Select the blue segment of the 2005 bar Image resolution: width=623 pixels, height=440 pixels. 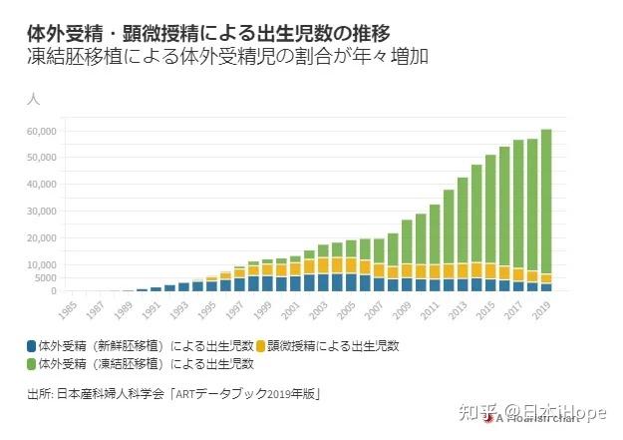[x=351, y=281]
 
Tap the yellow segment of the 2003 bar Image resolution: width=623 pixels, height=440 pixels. [x=323, y=264]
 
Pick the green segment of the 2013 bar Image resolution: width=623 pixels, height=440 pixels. [x=463, y=220]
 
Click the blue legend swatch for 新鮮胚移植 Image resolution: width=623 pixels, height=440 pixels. [x=33, y=346]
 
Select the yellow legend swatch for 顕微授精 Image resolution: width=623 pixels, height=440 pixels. [x=261, y=346]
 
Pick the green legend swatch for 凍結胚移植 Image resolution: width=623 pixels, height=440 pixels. [x=33, y=363]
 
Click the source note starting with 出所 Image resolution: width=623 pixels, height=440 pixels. [x=174, y=394]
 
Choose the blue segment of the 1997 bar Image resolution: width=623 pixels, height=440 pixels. [x=239, y=283]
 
